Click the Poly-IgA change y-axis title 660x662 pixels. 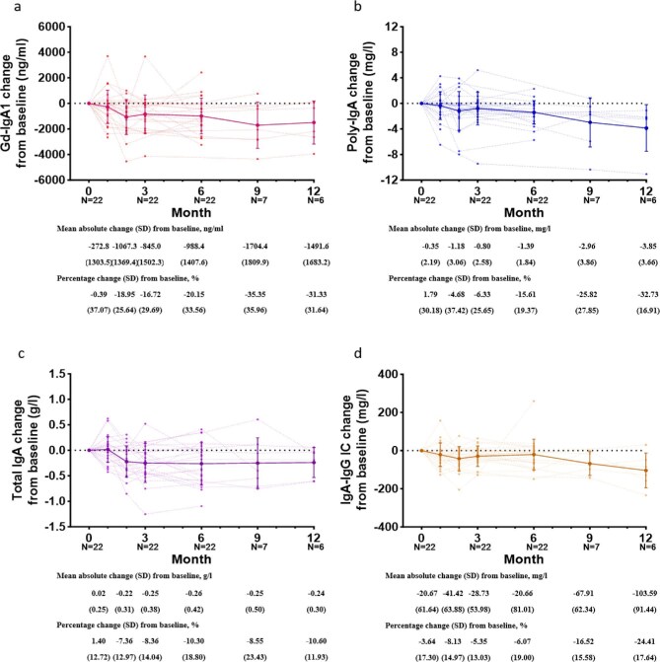[354, 103]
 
